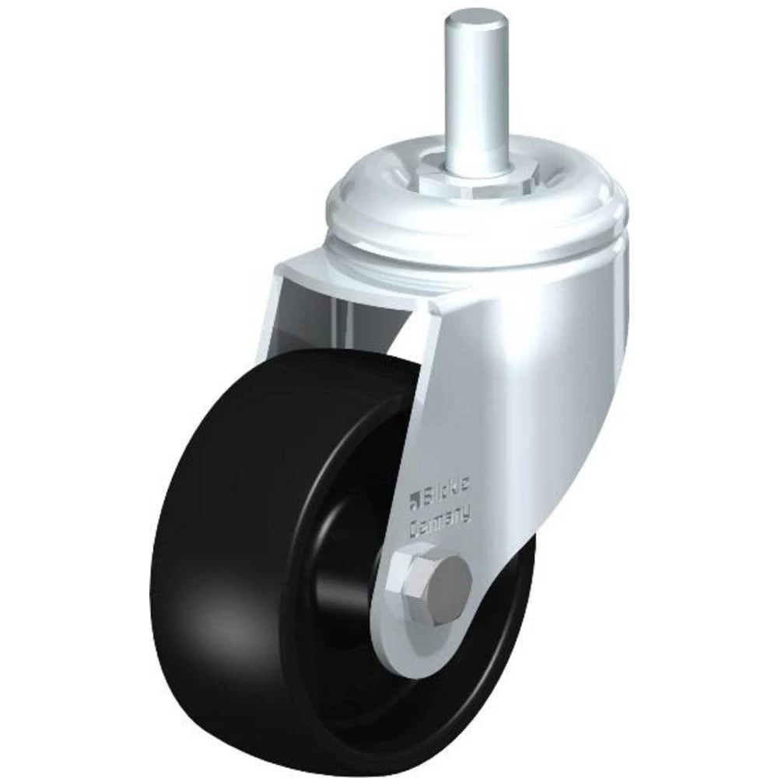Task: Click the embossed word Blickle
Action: click(451, 492)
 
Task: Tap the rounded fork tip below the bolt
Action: click(412, 661)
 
